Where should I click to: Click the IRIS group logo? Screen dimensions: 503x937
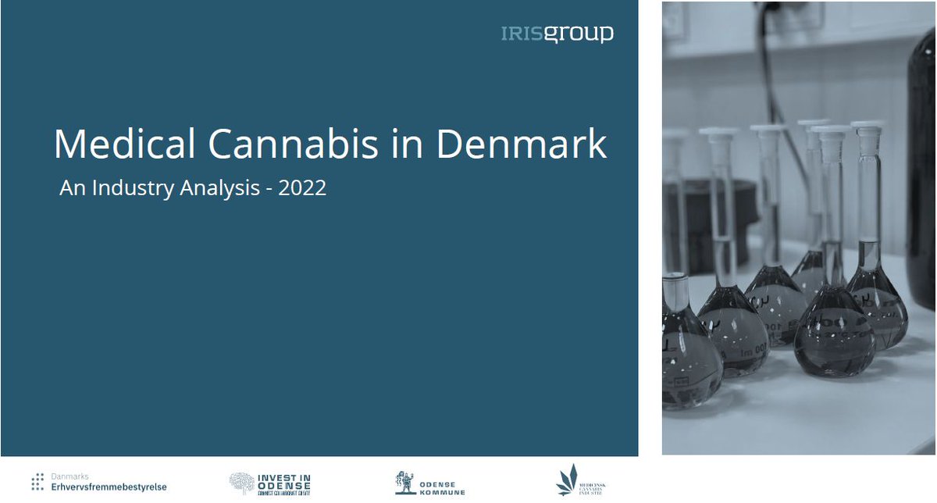[x=557, y=34]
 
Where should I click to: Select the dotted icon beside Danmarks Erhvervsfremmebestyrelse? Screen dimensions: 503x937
[x=37, y=482]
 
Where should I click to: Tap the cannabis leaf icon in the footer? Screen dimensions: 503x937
[x=567, y=480]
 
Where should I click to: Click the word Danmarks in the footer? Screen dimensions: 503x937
[x=69, y=475]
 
